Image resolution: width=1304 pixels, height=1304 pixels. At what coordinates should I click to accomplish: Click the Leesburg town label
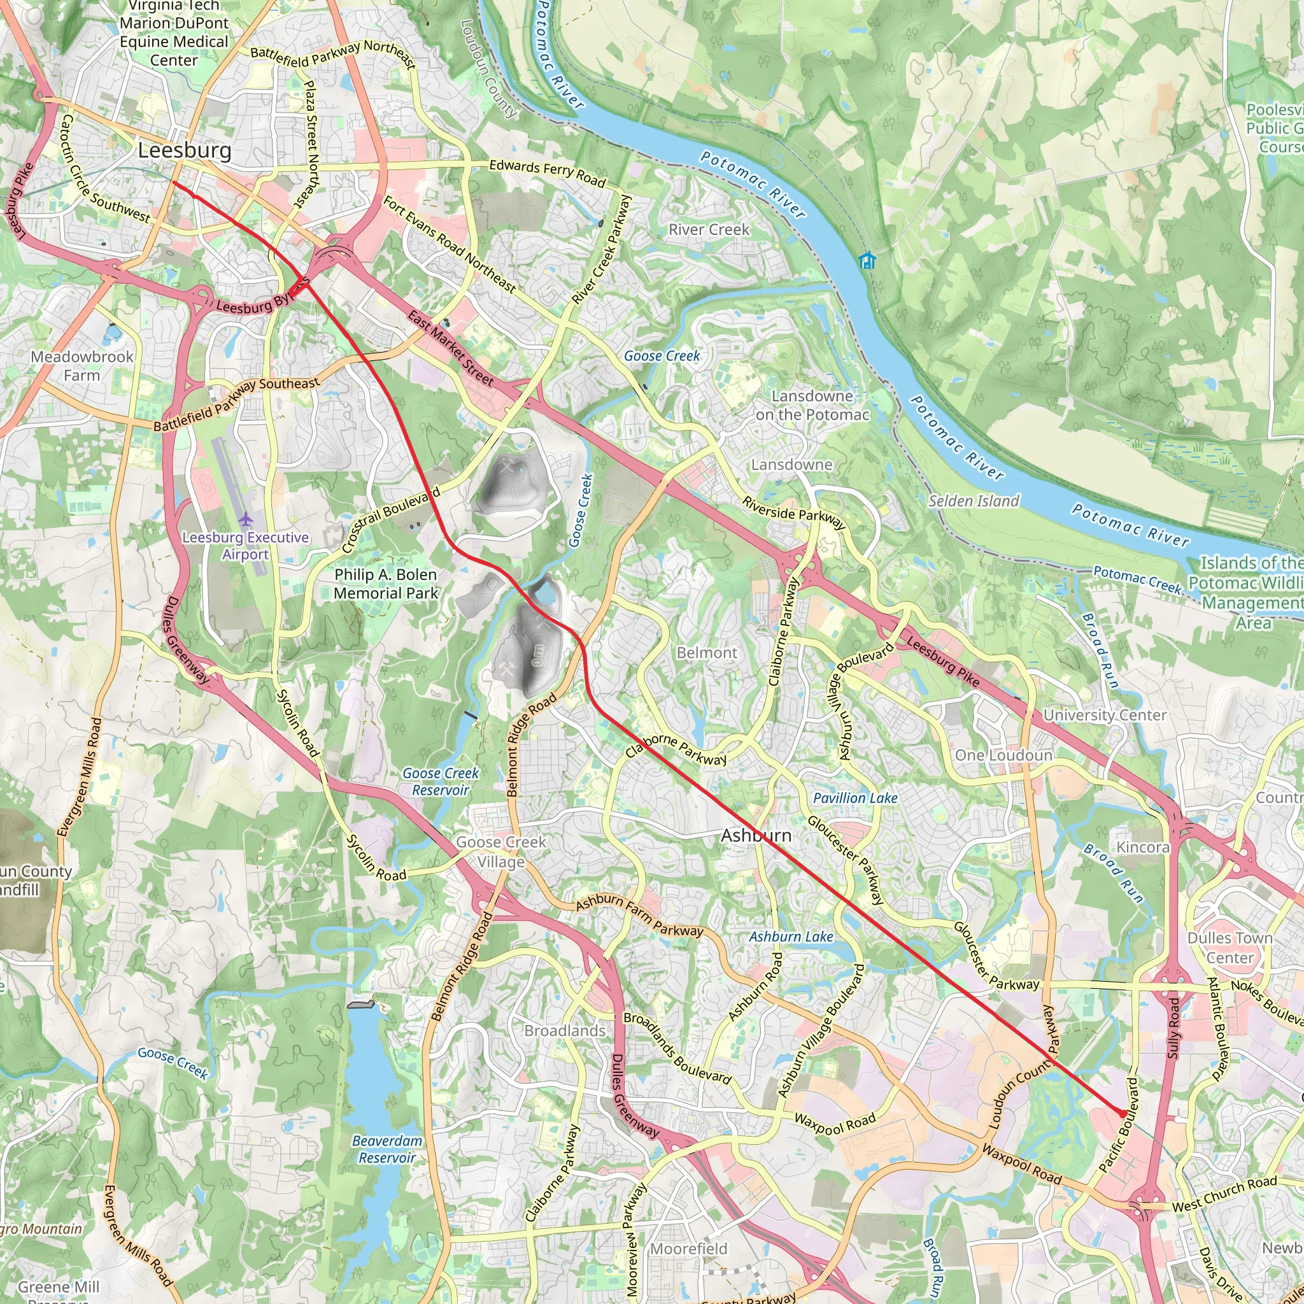point(184,150)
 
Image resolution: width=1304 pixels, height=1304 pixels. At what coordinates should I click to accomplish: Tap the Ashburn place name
point(756,835)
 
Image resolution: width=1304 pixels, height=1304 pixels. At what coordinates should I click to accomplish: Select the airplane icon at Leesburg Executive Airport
point(246,520)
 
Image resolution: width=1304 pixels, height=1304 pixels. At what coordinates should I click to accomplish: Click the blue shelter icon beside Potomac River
point(867,260)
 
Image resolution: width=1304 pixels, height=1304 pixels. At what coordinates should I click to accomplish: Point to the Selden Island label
point(973,501)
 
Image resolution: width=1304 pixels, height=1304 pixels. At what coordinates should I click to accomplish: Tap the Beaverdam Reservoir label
point(386,1149)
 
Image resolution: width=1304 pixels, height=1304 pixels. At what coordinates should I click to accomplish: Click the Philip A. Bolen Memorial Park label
point(385,584)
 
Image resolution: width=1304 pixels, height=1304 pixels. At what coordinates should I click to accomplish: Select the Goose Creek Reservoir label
point(440,782)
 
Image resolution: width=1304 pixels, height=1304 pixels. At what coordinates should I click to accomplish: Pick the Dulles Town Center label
point(1229,947)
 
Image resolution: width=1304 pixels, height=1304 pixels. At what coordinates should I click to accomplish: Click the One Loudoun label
point(1003,755)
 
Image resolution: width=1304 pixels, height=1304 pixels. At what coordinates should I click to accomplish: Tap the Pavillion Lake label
point(854,798)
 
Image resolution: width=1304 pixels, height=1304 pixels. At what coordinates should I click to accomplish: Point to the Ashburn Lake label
point(791,937)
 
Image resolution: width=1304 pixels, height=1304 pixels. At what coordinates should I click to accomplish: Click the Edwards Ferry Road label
point(548,173)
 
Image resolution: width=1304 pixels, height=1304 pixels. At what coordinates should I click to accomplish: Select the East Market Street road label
point(450,348)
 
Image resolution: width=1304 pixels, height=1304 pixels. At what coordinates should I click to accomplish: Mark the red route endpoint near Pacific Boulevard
point(1122,1114)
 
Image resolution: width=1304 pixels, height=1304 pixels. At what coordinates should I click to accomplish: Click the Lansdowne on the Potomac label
point(812,405)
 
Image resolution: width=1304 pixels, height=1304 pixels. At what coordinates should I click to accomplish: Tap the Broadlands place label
point(565,1031)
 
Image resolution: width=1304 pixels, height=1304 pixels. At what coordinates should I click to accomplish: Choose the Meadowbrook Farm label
point(81,366)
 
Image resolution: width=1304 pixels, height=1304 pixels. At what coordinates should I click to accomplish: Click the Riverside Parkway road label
point(794,513)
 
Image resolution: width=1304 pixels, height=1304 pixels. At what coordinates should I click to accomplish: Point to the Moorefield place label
point(688,1249)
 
